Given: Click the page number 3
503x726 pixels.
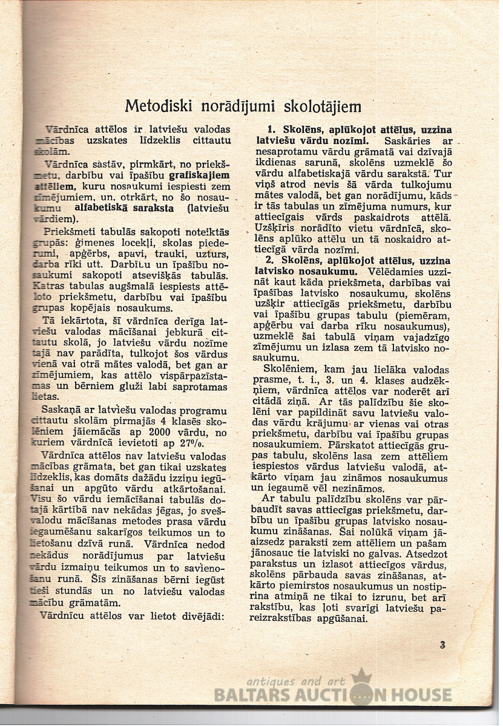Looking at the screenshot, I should coord(443,645).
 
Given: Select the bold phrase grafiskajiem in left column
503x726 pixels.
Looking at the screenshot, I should coord(186,175).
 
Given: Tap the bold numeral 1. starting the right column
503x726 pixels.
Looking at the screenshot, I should coord(272,129).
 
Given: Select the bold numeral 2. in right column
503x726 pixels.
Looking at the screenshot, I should coord(272,260).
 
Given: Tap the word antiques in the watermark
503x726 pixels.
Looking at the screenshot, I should coord(272,680).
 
